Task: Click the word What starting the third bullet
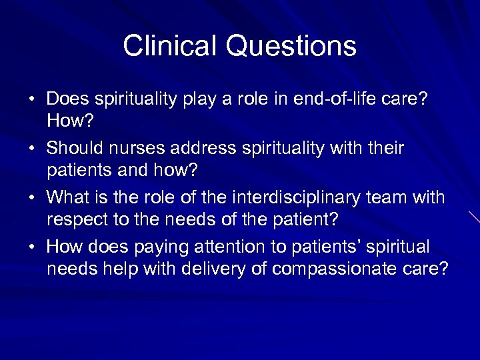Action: [x=69, y=197]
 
